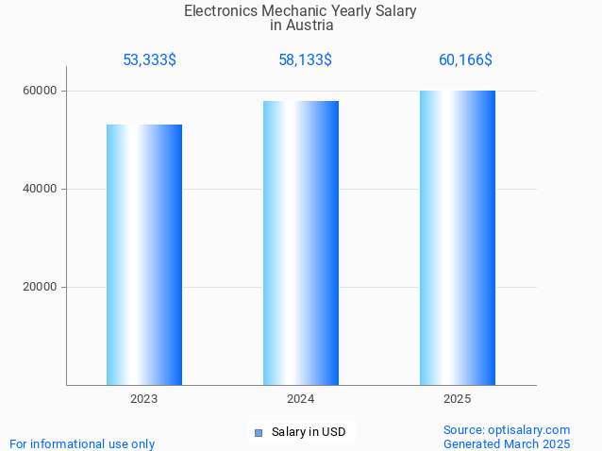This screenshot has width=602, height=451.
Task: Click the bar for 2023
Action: point(144,255)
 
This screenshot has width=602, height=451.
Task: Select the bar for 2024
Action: point(301,242)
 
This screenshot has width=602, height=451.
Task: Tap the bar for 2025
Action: point(458,238)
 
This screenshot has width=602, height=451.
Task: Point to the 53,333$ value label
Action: point(149,60)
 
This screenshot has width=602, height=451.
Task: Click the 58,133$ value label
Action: point(305,60)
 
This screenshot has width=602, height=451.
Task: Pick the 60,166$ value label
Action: point(465,60)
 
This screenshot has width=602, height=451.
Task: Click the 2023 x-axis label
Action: point(144,399)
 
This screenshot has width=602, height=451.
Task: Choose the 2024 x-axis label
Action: point(301,399)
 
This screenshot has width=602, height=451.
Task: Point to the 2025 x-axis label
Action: point(458,399)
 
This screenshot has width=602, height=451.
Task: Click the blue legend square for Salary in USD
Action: point(258,433)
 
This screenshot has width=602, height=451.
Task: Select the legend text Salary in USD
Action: point(309,433)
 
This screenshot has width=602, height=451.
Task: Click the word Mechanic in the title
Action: point(293,11)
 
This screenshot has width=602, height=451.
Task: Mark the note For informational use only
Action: point(82,443)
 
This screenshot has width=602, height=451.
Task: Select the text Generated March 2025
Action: point(507,443)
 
